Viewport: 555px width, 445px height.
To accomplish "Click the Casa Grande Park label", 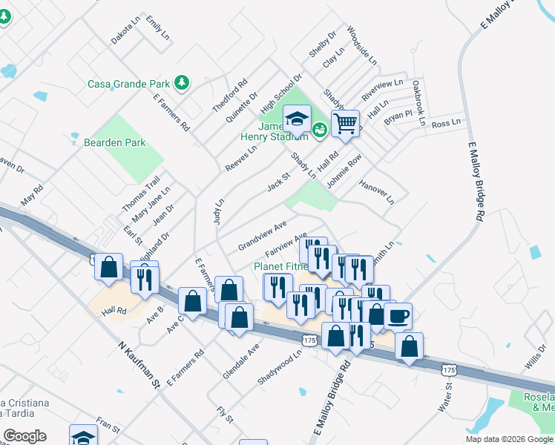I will tap(129, 83).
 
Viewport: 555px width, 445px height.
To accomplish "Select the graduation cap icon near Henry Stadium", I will tap(297, 119).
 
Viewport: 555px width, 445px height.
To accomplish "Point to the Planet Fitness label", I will tap(280, 266).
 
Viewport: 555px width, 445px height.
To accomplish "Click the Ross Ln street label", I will tap(446, 123).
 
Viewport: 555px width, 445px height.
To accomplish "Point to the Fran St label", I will tap(108, 425).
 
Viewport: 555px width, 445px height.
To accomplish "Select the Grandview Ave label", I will tap(262, 235).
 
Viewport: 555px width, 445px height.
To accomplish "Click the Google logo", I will tap(24, 436).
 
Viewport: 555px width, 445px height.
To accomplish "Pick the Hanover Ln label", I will tap(376, 191).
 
